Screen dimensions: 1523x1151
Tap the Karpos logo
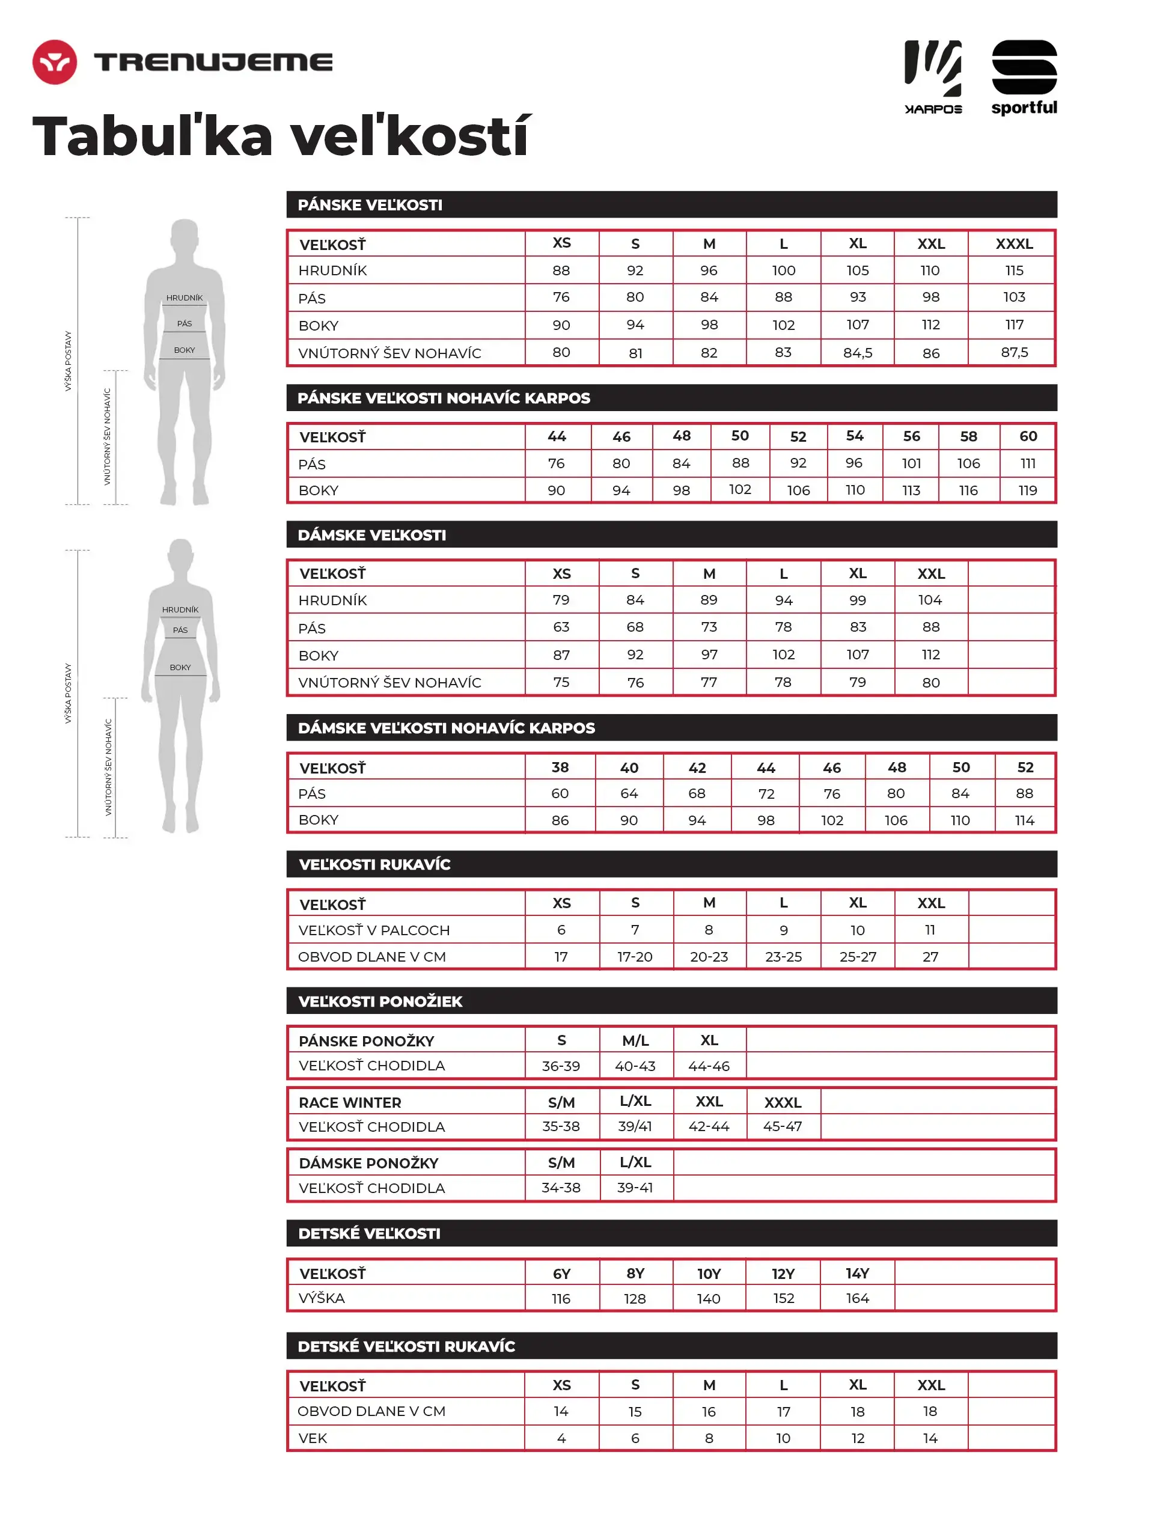pyautogui.click(x=933, y=76)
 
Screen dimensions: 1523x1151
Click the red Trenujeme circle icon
pyautogui.click(x=54, y=62)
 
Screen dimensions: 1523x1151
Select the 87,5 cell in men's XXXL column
pyautogui.click(x=1014, y=353)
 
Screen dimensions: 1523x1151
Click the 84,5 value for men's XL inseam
pyautogui.click(x=857, y=353)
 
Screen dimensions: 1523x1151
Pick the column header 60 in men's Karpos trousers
pyautogui.click(x=1028, y=436)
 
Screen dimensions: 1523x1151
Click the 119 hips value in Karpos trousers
pyautogui.click(x=1027, y=490)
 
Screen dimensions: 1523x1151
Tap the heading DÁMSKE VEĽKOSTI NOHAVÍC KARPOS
pyautogui.click(x=446, y=728)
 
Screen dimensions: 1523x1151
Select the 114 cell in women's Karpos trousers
pyautogui.click(x=1024, y=820)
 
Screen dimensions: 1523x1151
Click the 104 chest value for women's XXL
pyautogui.click(x=930, y=600)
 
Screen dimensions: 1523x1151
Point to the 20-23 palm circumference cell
pyautogui.click(x=709, y=957)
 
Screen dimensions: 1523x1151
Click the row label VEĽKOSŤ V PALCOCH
pyautogui.click(x=374, y=930)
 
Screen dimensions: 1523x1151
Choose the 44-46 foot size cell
pyautogui.click(x=709, y=1066)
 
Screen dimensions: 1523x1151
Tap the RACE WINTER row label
pyautogui.click(x=350, y=1102)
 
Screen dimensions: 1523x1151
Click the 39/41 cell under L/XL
pyautogui.click(x=635, y=1126)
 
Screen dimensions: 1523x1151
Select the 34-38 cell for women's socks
pyautogui.click(x=561, y=1188)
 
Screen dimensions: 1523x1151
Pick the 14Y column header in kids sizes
pyautogui.click(x=857, y=1274)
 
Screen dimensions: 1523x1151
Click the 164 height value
pyautogui.click(x=857, y=1299)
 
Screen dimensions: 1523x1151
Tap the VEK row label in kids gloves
pyautogui.click(x=313, y=1438)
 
